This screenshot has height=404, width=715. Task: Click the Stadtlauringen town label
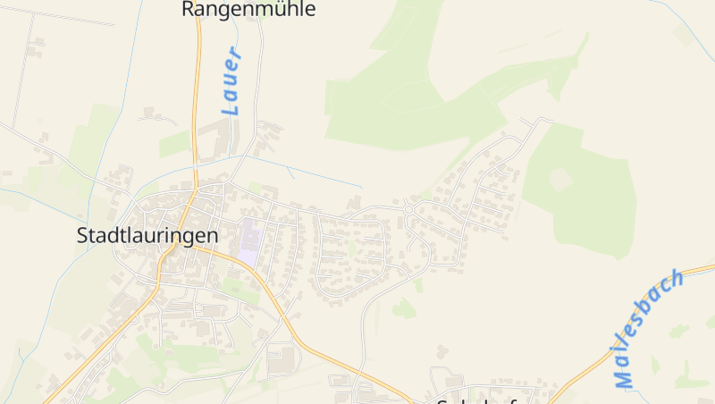[x=147, y=236]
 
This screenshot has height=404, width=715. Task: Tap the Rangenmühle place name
[x=248, y=10]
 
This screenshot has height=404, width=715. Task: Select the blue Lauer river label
[x=232, y=82]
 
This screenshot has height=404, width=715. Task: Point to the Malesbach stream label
[x=649, y=328]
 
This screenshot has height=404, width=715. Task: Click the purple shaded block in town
[x=251, y=240]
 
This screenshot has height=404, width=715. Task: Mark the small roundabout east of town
[x=408, y=210]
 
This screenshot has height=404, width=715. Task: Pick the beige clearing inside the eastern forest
[x=560, y=180]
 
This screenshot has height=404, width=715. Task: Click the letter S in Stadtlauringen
[x=83, y=236]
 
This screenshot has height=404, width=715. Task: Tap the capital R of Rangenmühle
[x=189, y=10]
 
